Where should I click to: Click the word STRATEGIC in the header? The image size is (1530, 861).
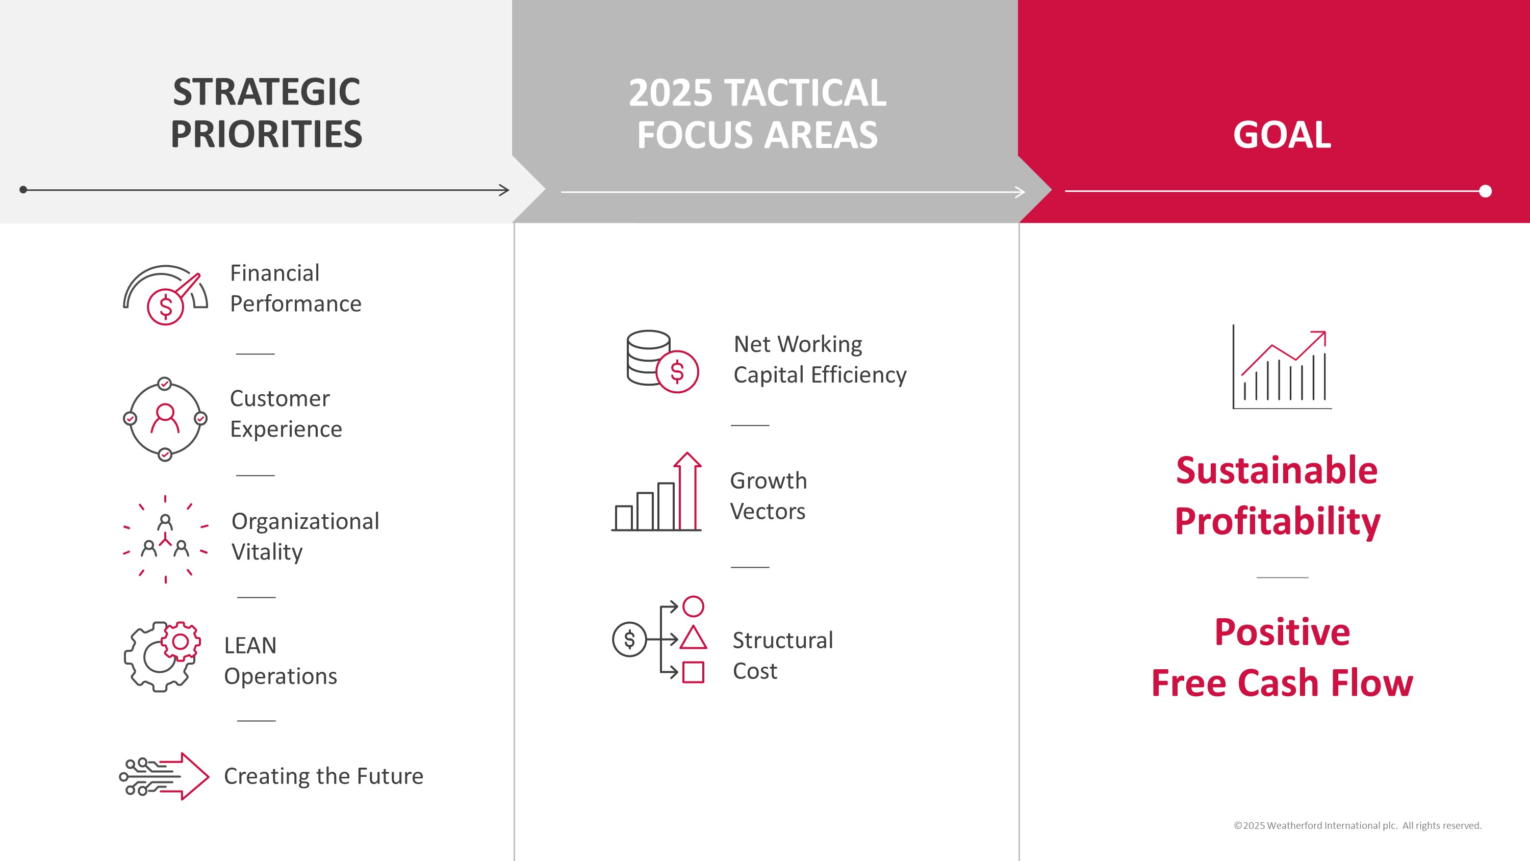click(266, 92)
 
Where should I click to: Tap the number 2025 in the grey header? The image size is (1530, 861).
click(670, 93)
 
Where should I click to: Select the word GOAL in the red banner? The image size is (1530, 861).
click(1282, 135)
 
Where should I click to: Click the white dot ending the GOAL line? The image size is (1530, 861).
click(1485, 191)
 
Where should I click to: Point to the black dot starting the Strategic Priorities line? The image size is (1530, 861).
click(23, 190)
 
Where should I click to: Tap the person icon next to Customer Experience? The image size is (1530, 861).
click(165, 418)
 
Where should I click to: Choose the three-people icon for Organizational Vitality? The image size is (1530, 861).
click(165, 538)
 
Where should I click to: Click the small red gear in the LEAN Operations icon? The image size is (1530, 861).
click(181, 642)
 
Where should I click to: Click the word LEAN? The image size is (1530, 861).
click(250, 645)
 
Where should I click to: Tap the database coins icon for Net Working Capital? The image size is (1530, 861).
click(661, 361)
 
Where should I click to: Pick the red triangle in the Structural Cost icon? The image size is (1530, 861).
click(693, 638)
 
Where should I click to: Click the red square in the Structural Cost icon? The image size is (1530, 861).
click(693, 673)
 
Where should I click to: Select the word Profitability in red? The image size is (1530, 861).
click(1277, 521)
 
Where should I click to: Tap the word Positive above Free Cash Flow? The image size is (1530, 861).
click(1282, 631)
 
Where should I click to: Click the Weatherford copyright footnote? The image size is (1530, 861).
click(1357, 825)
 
